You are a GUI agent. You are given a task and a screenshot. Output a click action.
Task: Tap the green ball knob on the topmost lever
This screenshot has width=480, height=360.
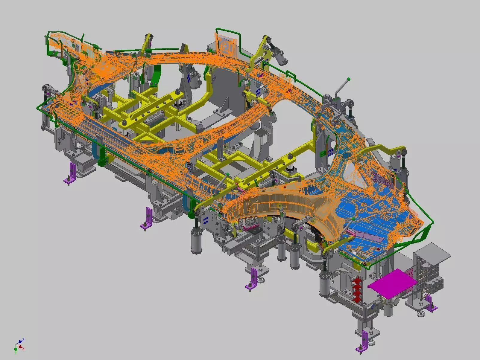tap(348, 80)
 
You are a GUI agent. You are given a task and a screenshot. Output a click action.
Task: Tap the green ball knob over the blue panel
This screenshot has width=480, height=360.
tap(353, 219)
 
